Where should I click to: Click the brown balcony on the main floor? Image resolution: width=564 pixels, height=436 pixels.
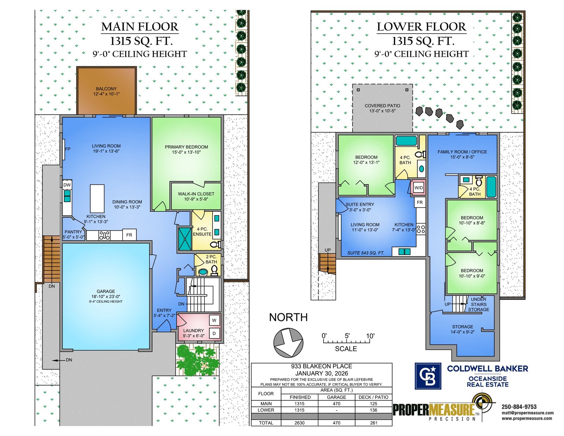[106, 91]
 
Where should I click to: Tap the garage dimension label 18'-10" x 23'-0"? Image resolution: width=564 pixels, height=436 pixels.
[106, 297]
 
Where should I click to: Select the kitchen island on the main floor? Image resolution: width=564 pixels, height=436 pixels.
[97, 199]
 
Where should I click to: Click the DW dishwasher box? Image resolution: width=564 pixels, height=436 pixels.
[67, 185]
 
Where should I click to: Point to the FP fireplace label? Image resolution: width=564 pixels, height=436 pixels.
[68, 149]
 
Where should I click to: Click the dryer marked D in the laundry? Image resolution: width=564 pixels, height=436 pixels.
[214, 333]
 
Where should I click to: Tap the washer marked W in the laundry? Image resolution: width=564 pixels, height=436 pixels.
[214, 320]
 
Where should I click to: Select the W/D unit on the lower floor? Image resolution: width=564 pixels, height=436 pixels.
[418, 188]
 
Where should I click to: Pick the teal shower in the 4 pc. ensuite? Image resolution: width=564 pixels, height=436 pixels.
[185, 239]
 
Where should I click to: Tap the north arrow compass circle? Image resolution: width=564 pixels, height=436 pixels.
[288, 342]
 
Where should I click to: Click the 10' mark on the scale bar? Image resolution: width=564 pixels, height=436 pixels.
[370, 336]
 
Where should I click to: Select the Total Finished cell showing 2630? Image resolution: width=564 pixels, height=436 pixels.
[300, 423]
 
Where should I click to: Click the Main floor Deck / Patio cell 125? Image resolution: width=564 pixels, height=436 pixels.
[374, 404]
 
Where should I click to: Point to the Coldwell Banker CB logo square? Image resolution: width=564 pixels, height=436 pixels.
[428, 376]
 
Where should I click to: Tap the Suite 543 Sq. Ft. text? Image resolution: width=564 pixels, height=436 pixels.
[366, 253]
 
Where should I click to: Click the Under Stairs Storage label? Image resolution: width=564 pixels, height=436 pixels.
[478, 304]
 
